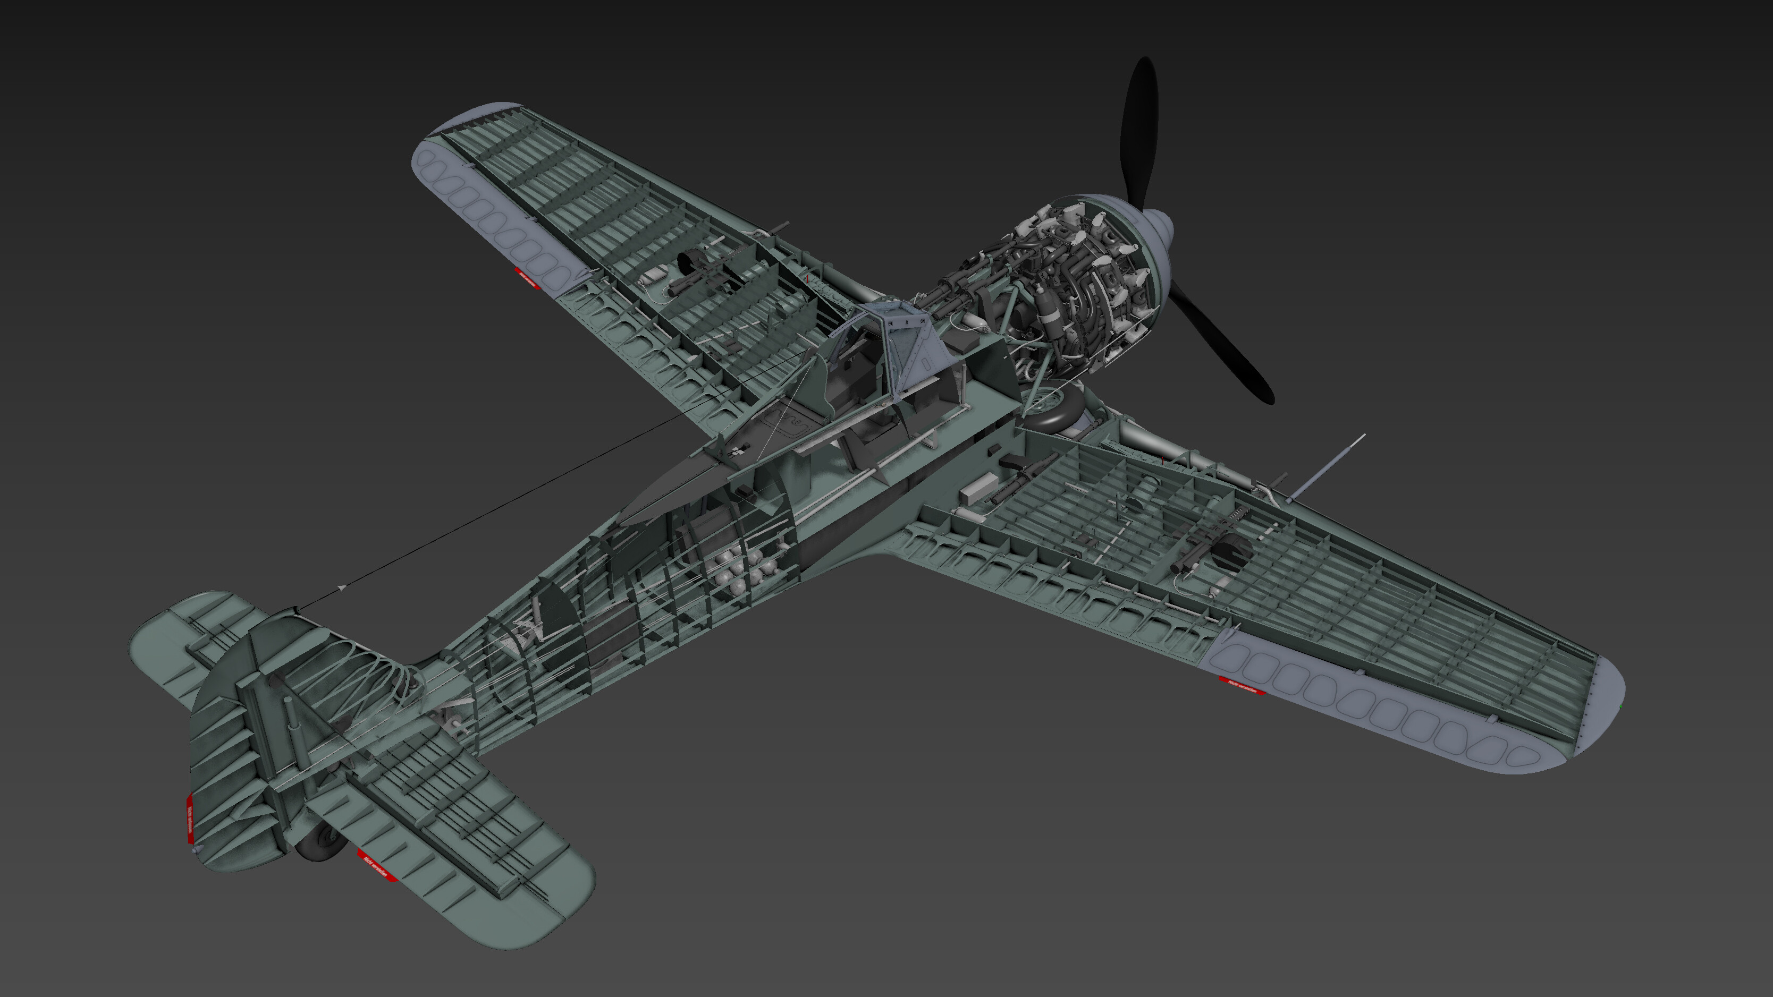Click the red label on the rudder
[x=189, y=819]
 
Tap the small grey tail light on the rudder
[x=197, y=852]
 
